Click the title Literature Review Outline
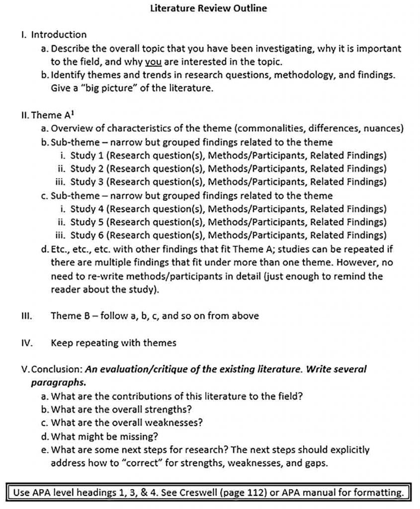208,8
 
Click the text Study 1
87,155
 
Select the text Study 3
87,181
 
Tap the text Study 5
87,222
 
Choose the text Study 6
87,235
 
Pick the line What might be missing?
104,437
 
